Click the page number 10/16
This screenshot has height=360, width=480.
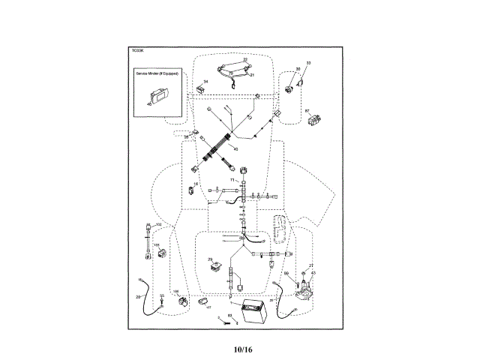click(x=241, y=349)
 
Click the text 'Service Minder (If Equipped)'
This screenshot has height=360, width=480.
click(x=156, y=75)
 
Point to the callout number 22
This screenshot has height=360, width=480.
click(x=244, y=59)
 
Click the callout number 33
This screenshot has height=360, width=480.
click(x=308, y=63)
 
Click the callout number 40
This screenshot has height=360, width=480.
click(x=235, y=148)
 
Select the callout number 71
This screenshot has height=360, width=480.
click(x=232, y=181)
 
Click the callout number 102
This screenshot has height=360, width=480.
click(x=158, y=225)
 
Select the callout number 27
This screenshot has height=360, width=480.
click(x=310, y=265)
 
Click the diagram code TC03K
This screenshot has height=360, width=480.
click(x=136, y=52)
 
